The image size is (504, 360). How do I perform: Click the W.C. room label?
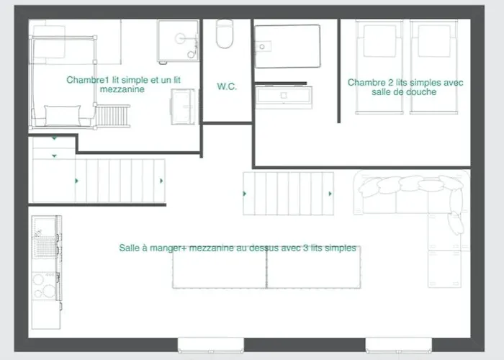227,86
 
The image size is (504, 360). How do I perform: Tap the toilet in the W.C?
225,34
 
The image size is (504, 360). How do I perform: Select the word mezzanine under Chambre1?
122,89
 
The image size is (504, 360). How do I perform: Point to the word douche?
420,92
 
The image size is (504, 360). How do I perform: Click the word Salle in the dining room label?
129,248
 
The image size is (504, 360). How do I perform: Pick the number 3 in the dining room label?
306,248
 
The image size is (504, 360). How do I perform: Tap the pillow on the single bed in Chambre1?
63,115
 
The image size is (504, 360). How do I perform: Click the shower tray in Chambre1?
178,41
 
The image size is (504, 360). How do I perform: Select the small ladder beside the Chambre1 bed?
113,116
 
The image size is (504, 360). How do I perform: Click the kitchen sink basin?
45,246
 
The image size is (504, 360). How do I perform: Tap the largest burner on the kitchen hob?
49,291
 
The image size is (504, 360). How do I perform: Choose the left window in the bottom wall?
211,345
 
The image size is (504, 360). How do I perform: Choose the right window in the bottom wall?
399,345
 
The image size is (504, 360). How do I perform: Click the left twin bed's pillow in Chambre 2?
379,41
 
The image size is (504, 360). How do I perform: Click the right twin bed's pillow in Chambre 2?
434,41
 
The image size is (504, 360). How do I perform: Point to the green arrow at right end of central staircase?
330,194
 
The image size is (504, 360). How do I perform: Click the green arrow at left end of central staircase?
245,194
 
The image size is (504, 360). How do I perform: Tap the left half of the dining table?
220,268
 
